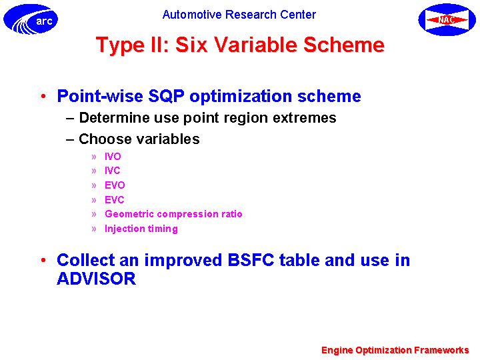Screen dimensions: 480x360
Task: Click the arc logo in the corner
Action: pos(31,19)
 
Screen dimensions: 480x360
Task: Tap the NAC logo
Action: pos(447,19)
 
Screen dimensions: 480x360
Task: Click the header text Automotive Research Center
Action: pos(239,15)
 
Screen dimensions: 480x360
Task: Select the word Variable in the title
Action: pos(255,45)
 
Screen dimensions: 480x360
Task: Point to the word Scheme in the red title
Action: pos(344,45)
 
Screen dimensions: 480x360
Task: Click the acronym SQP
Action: pos(166,96)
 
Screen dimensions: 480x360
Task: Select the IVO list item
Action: pos(113,157)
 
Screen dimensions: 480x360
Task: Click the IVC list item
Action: pos(113,171)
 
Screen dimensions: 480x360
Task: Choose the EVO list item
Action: pos(115,185)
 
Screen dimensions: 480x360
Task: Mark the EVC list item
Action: pos(115,200)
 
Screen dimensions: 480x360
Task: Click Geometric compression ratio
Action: pos(173,214)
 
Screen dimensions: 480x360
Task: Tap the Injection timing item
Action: pos(141,229)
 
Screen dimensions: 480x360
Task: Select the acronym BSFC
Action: pos(251,260)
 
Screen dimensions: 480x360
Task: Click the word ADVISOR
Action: pos(97,279)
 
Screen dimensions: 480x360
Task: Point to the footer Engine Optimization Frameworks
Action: pos(395,350)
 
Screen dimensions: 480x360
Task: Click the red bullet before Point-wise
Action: pos(43,96)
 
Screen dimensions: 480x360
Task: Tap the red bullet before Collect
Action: pos(43,260)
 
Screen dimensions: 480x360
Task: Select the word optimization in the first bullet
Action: pos(241,97)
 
